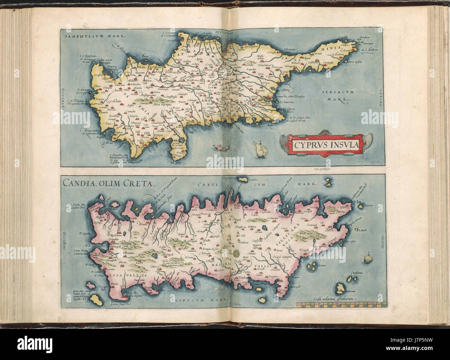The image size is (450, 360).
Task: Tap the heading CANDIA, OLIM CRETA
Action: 107,183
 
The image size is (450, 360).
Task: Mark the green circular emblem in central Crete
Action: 236,253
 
